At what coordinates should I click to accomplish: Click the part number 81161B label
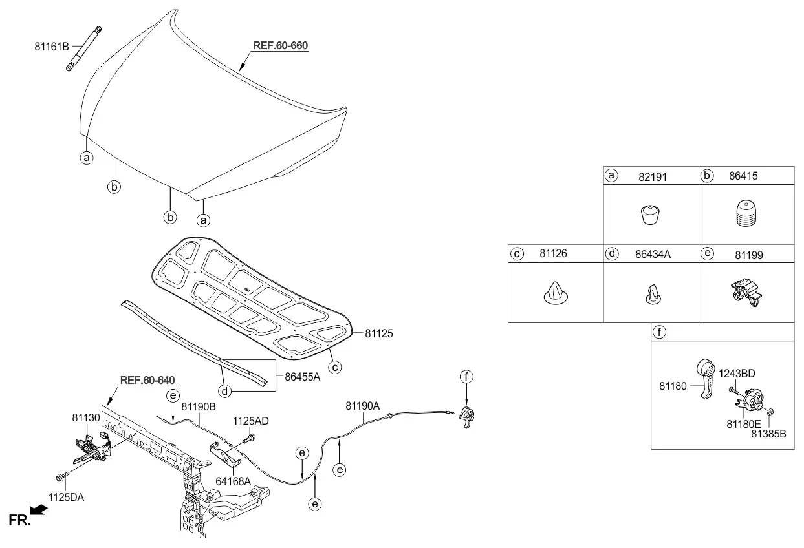pyautogui.click(x=52, y=47)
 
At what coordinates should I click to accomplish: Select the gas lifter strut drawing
pyautogui.click(x=84, y=48)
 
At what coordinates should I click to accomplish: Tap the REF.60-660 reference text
pyautogui.click(x=280, y=45)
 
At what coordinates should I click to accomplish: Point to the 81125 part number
pyautogui.click(x=378, y=333)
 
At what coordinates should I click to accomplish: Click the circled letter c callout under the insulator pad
pyautogui.click(x=335, y=367)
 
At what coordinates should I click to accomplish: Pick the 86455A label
pyautogui.click(x=302, y=377)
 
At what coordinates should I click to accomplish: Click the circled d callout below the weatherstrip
pyautogui.click(x=224, y=391)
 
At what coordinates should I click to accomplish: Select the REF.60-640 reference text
pyautogui.click(x=147, y=380)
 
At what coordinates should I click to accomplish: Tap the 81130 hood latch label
pyautogui.click(x=86, y=418)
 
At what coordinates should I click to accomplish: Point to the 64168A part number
pyautogui.click(x=233, y=481)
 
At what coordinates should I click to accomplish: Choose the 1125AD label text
pyautogui.click(x=250, y=421)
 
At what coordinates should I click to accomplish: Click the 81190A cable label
pyautogui.click(x=362, y=406)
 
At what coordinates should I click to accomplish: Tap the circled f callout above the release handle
pyautogui.click(x=466, y=377)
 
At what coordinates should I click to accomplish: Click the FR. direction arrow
pyautogui.click(x=39, y=510)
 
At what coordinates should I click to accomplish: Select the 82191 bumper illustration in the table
pyautogui.click(x=650, y=215)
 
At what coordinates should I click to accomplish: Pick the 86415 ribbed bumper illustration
pyautogui.click(x=746, y=213)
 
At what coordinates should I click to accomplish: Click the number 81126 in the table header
pyautogui.click(x=553, y=253)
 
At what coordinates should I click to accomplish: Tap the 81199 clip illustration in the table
pyautogui.click(x=746, y=292)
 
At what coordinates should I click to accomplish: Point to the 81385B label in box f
pyautogui.click(x=768, y=434)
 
